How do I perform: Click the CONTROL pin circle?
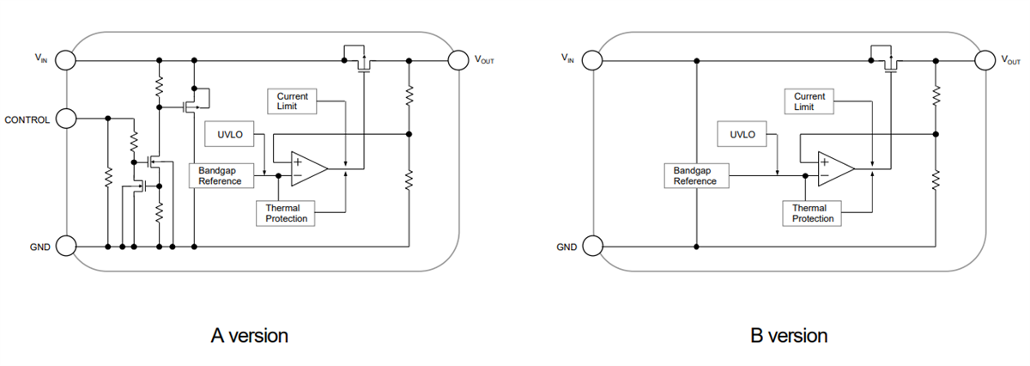[65, 119]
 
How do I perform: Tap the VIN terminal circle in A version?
[65, 61]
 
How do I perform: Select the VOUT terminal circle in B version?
[985, 60]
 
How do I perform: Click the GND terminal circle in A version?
[65, 247]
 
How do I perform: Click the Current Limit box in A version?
[292, 101]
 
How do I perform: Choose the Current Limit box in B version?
[809, 101]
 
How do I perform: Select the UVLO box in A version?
[226, 135]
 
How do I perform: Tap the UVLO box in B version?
[742, 135]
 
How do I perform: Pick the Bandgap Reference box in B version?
[694, 175]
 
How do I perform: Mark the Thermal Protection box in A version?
[287, 213]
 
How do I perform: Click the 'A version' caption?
[249, 336]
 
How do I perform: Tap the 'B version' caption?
[789, 336]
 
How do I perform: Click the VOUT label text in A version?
[484, 61]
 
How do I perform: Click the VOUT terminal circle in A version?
[458, 61]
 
